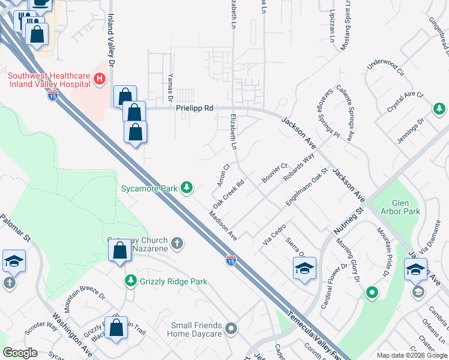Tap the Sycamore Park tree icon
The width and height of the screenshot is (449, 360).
click(x=187, y=188)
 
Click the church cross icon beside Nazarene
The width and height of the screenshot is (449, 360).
click(x=176, y=244)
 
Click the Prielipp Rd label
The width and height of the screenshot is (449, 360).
click(x=195, y=109)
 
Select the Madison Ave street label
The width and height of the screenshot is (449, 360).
click(x=222, y=226)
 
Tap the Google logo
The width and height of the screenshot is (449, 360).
click(x=20, y=353)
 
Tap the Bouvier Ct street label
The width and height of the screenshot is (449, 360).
click(x=275, y=173)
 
